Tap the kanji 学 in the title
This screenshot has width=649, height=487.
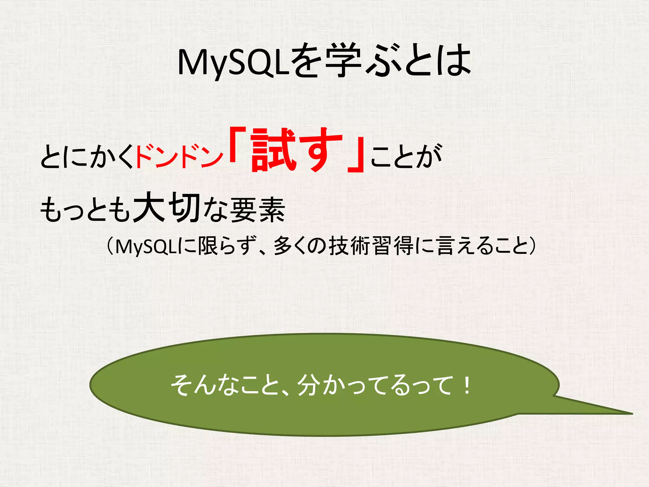[x=343, y=60]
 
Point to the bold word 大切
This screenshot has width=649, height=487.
[x=167, y=208]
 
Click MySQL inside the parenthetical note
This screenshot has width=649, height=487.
[x=145, y=246]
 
